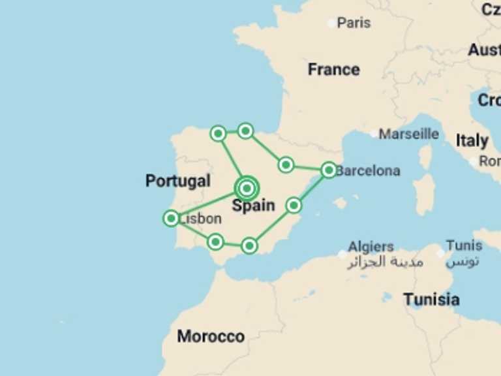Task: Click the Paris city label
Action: (354, 23)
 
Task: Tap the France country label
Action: (333, 69)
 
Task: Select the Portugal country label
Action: (178, 181)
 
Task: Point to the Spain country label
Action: (254, 206)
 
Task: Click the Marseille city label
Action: (409, 134)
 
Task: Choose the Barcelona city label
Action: (368, 171)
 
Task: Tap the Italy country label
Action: (472, 140)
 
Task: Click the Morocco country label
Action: (211, 337)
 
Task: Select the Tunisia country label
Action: (431, 300)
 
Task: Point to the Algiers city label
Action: (371, 247)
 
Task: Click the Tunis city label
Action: (464, 246)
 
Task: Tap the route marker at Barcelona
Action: (329, 170)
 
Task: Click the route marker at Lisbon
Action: (171, 218)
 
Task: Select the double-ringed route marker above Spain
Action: (247, 189)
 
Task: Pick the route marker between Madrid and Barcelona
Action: (286, 164)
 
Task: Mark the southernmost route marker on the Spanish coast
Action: (249, 245)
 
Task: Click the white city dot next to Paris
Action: (332, 23)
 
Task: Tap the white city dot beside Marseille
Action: (374, 134)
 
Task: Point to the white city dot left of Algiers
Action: (342, 254)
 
